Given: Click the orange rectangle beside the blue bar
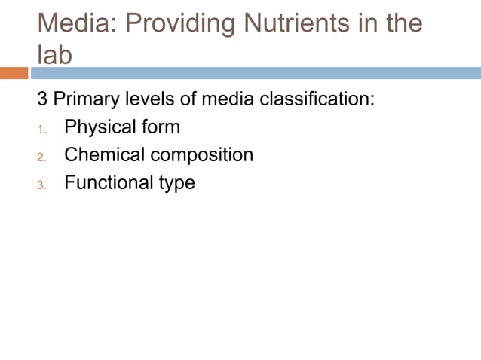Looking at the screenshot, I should coord(14,73).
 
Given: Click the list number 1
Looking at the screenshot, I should coord(42,129).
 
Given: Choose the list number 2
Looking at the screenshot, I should coord(42,157).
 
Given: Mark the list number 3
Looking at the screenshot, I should coord(42,185).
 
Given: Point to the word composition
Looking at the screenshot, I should coord(201,156).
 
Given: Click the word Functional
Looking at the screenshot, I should coord(107,183).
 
